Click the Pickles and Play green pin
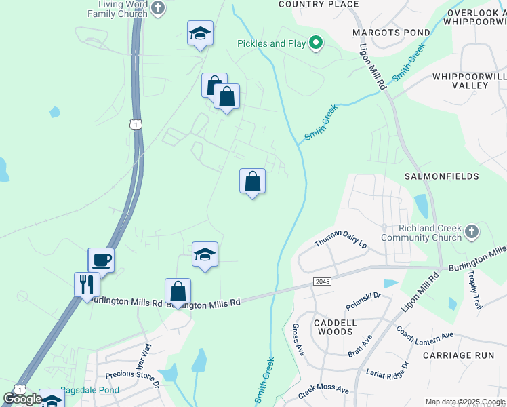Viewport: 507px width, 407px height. (315, 43)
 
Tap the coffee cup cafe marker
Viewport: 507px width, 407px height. (101, 260)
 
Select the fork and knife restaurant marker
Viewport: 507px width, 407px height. (87, 284)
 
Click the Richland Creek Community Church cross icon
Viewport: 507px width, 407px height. (472, 233)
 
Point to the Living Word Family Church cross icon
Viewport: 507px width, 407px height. (158, 9)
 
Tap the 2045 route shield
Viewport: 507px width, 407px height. (321, 281)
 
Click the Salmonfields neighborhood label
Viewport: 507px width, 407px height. (441, 176)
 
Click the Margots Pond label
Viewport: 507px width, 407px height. (391, 33)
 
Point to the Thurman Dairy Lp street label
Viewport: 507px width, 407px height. (340, 239)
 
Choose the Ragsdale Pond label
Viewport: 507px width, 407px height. (89, 390)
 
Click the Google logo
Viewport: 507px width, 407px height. (22, 399)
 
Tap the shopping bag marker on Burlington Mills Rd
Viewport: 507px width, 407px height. (178, 292)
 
